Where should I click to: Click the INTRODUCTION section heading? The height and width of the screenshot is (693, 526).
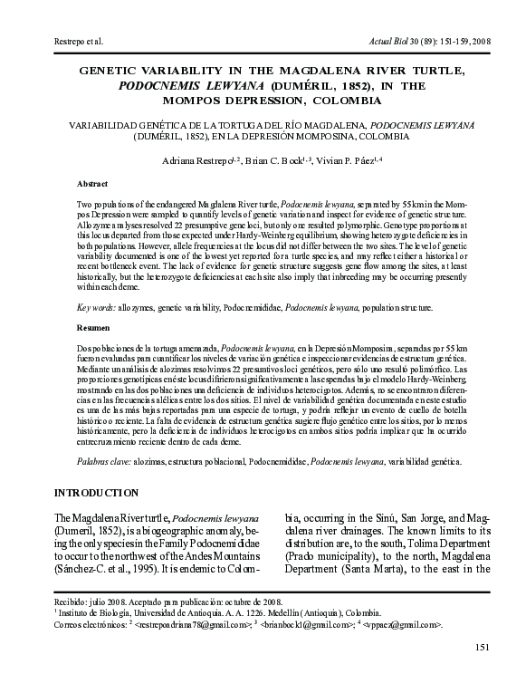tap(99, 493)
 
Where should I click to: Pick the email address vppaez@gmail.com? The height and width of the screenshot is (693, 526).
tap(406, 625)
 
